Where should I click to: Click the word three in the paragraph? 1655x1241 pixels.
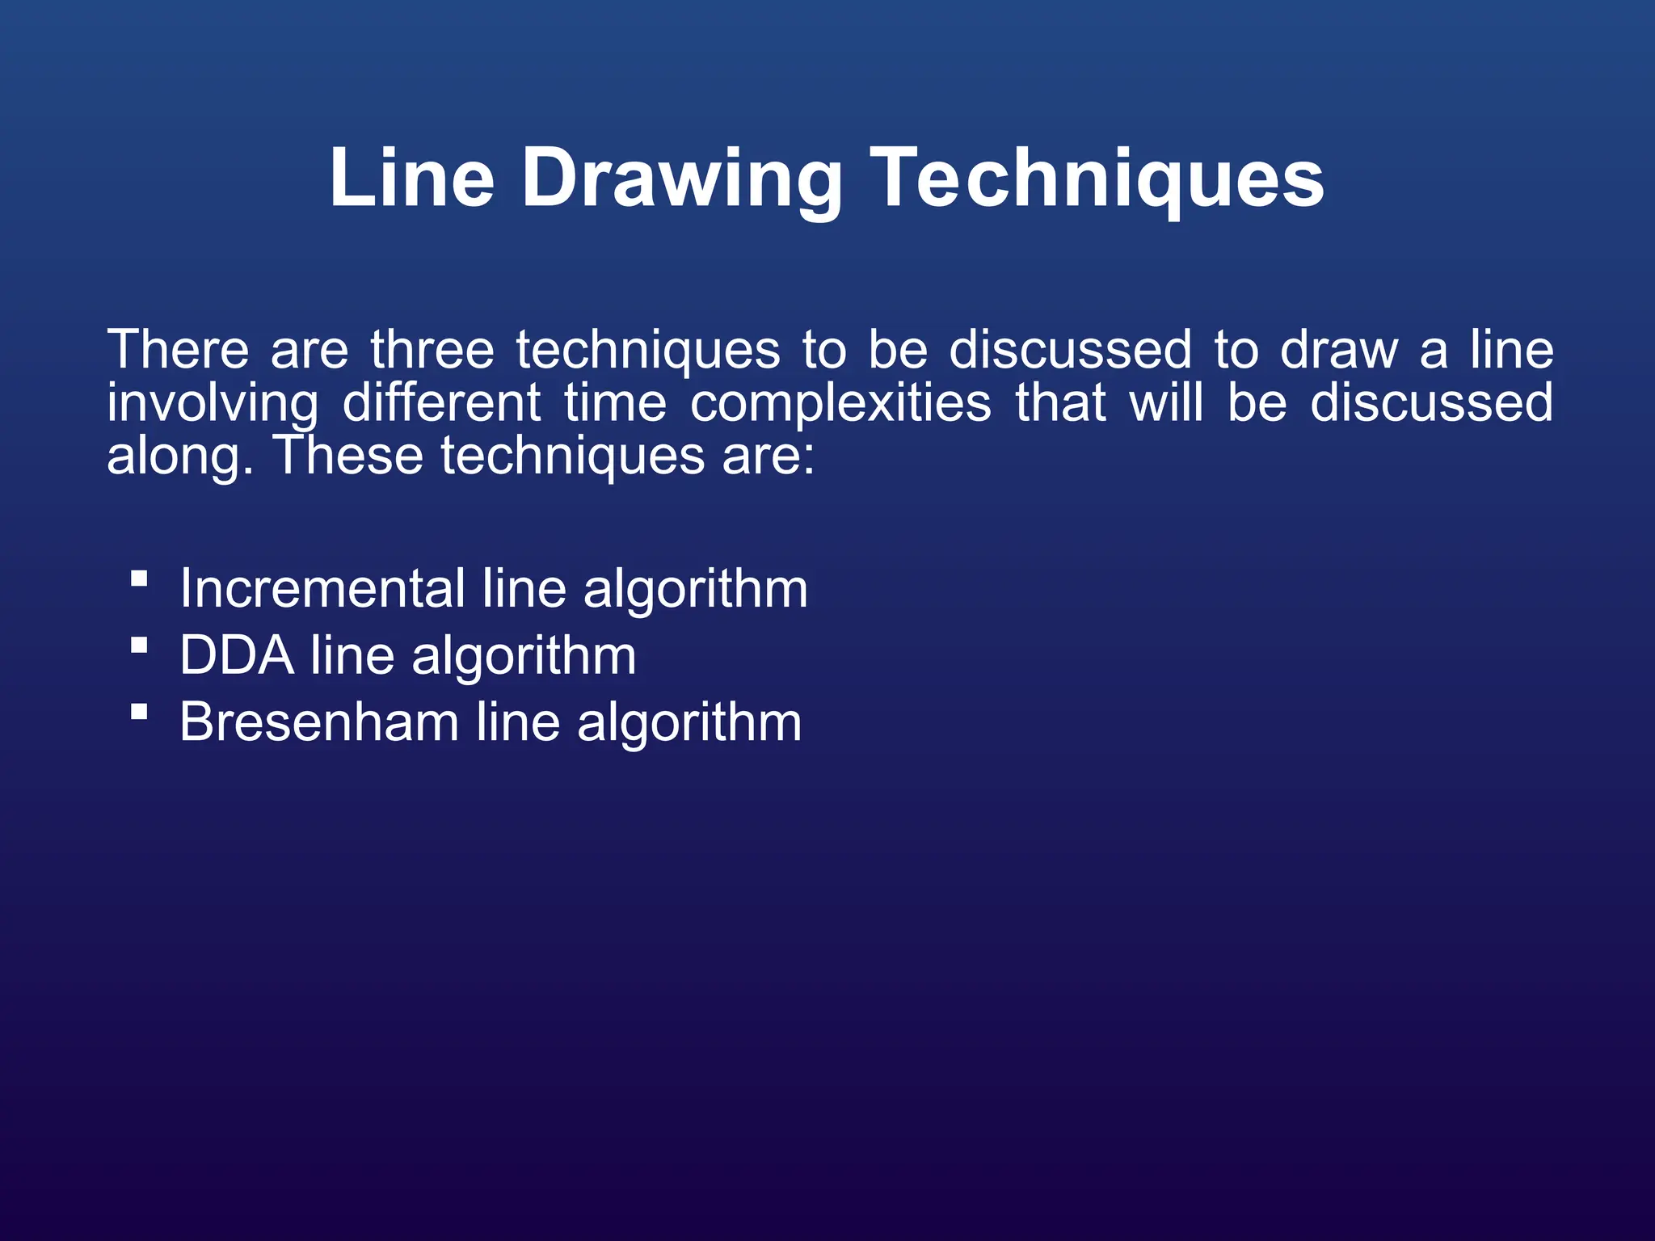[x=432, y=350]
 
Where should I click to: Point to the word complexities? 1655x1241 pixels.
[x=840, y=403]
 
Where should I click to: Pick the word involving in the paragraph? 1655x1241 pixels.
[x=213, y=403]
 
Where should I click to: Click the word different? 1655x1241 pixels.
[x=441, y=403]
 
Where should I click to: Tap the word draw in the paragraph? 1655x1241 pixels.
[x=1338, y=350]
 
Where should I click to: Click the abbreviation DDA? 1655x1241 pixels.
[x=237, y=655]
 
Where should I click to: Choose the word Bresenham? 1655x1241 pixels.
[x=319, y=721]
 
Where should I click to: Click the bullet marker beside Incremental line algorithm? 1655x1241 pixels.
[x=139, y=578]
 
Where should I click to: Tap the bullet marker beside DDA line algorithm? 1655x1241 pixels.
[x=139, y=646]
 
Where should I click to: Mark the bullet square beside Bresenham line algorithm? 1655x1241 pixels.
[x=139, y=712]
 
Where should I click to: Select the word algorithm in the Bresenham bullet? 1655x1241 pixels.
[x=689, y=723]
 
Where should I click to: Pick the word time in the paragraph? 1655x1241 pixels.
[x=615, y=403]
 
